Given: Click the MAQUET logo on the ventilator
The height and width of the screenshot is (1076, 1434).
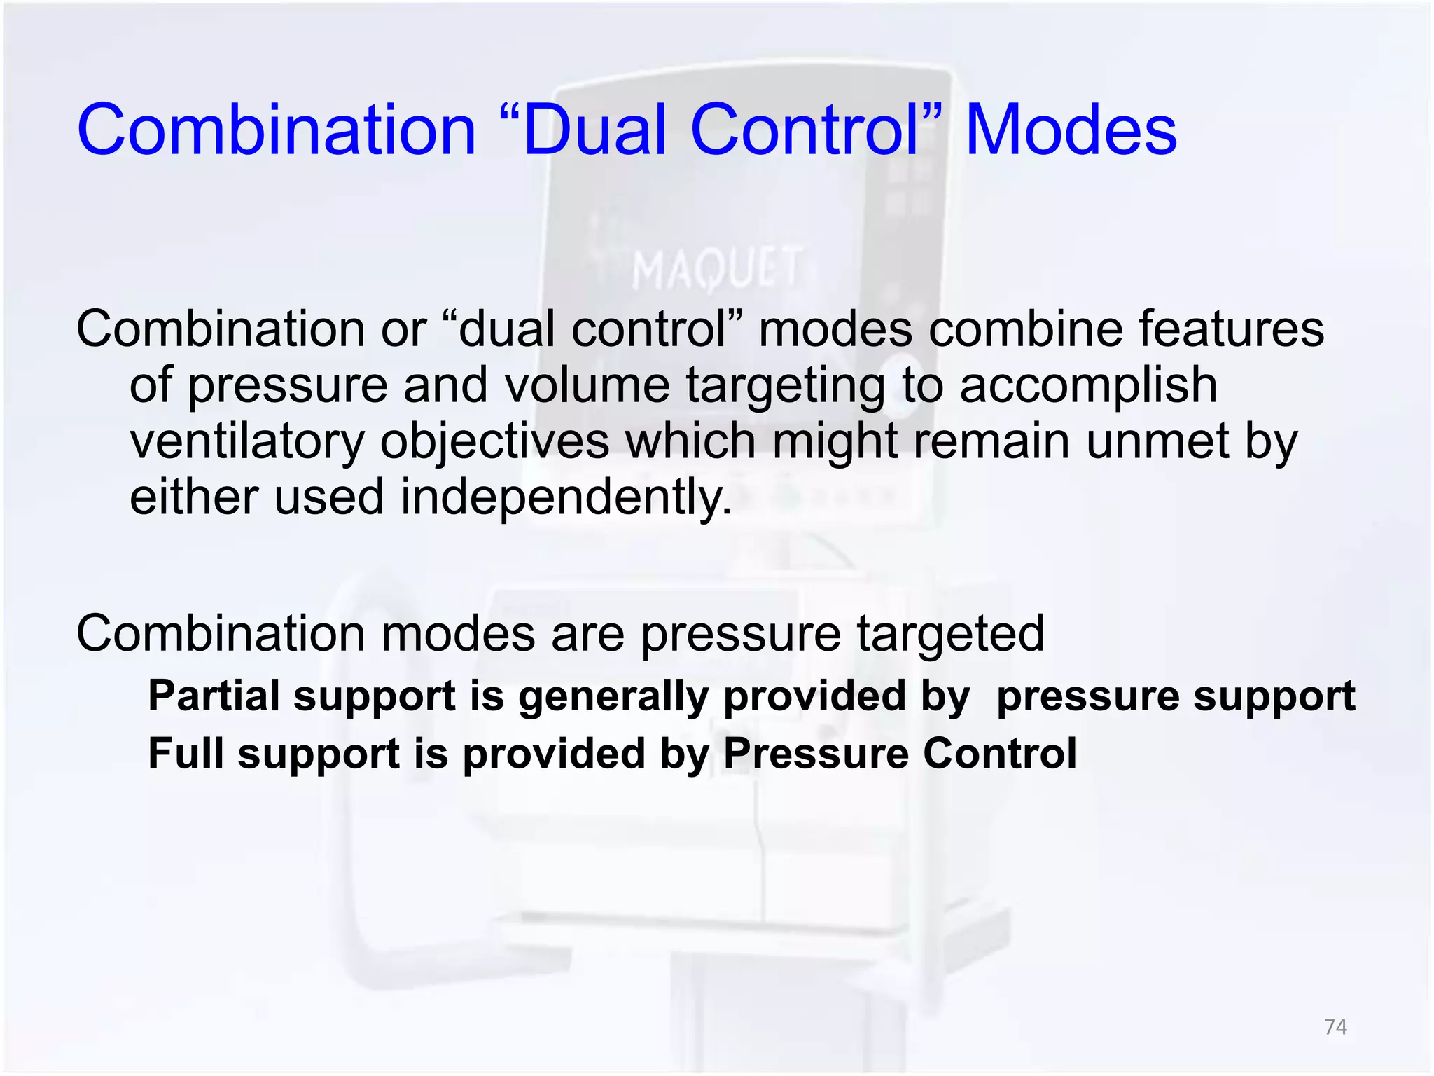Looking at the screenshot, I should tap(716, 269).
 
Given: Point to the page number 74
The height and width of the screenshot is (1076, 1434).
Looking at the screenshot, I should tap(1335, 1027).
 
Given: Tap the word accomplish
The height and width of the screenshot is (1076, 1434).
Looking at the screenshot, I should tap(1088, 385).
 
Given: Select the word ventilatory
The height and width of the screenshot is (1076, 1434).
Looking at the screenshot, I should tap(246, 443).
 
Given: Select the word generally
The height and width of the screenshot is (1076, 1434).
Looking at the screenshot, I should tap(613, 698).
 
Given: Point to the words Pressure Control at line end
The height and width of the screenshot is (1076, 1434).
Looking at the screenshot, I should tap(899, 754).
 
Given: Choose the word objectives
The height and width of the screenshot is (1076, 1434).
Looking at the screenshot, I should tap(494, 443).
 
